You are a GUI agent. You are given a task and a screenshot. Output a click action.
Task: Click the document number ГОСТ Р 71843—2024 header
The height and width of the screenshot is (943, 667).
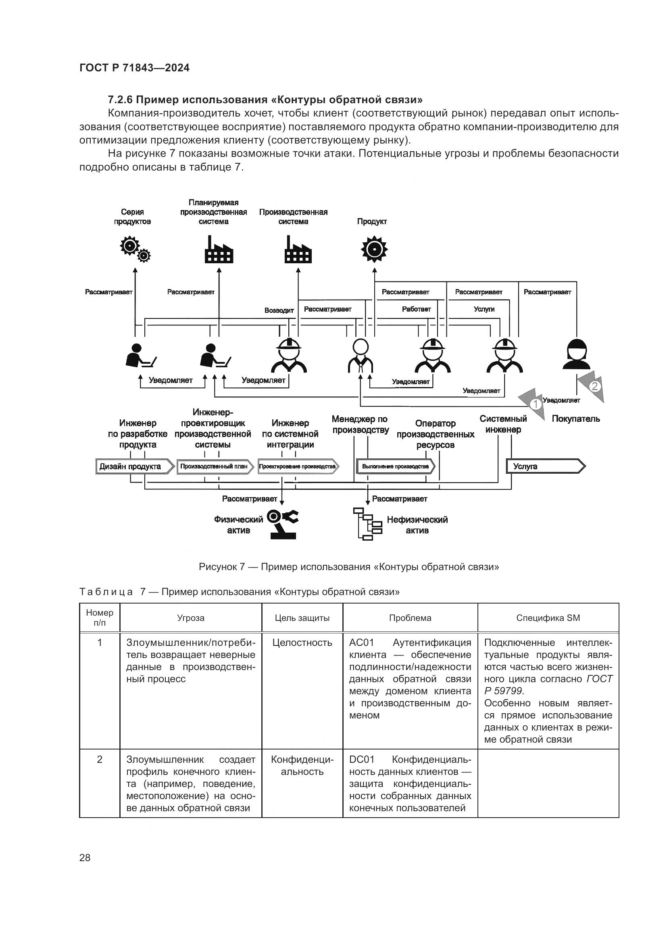[x=134, y=68]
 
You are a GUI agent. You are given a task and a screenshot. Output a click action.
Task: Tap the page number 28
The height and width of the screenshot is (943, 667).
[x=85, y=857]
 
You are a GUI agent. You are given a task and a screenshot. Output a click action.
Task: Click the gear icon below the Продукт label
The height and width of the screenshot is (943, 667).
[x=374, y=249]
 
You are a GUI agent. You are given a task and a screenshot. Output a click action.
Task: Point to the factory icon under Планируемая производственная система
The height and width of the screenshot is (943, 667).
[x=219, y=249]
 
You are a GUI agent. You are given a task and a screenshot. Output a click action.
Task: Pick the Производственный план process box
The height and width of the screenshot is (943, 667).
[x=215, y=466]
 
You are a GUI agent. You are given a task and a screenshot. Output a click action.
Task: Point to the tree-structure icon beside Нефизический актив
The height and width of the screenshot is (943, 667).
[x=368, y=524]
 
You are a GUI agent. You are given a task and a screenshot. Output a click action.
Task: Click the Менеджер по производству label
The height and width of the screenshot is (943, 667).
[x=360, y=424]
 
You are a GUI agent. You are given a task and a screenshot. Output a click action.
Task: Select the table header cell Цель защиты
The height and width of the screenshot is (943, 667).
[x=302, y=618]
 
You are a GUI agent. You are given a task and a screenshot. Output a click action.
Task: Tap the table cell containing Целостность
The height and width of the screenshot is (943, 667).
[x=302, y=643]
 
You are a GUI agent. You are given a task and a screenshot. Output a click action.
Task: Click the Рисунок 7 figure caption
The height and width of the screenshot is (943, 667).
[x=349, y=567]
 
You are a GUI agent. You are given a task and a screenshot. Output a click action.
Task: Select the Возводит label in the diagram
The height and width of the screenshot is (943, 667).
[x=279, y=310]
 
